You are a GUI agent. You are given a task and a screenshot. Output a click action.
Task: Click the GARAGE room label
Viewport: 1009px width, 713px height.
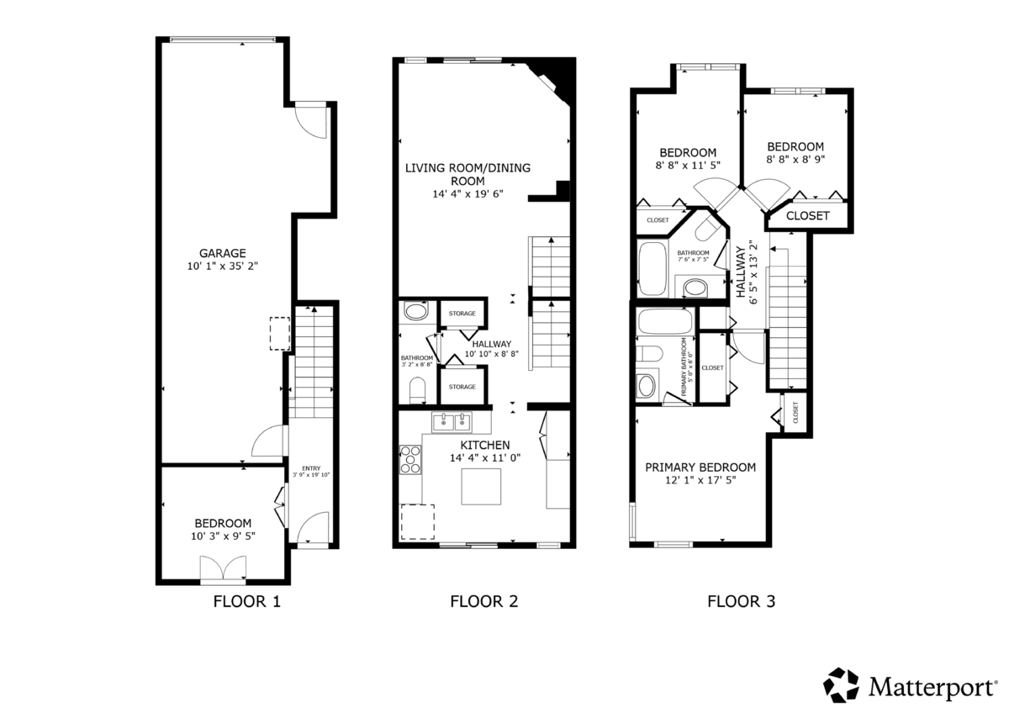tap(223, 253)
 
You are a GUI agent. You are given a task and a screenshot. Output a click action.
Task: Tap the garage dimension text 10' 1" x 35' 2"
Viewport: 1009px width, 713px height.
tap(223, 267)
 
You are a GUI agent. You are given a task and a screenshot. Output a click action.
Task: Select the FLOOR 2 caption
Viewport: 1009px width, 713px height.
tap(484, 601)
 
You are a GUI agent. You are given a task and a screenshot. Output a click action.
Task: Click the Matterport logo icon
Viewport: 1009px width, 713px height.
tap(841, 685)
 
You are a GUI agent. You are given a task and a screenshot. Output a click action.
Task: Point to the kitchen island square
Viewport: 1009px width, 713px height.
tap(481, 487)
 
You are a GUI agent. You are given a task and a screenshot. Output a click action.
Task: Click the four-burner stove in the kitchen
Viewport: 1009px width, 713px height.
tap(410, 459)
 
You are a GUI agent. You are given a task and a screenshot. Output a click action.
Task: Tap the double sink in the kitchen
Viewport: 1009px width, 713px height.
tap(452, 422)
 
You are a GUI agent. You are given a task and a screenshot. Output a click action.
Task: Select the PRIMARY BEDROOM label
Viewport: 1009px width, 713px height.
tap(700, 467)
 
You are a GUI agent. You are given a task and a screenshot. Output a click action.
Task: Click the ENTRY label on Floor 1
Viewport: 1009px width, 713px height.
tap(311, 468)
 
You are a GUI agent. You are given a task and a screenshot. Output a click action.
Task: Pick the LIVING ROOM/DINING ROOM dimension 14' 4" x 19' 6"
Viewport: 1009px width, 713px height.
tap(468, 194)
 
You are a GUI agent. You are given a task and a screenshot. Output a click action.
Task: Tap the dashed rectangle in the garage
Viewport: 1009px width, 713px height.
tap(280, 333)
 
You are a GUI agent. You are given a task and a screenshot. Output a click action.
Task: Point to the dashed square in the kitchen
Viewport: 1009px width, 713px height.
tap(418, 521)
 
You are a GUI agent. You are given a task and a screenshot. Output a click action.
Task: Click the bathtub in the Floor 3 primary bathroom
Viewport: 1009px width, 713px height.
tap(665, 321)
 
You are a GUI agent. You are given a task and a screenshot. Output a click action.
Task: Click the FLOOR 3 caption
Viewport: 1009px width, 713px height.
tap(742, 601)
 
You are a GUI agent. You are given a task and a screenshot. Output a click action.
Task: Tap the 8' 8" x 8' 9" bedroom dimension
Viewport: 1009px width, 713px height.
tap(795, 160)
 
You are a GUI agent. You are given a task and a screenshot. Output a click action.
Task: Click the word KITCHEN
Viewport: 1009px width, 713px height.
tap(485, 445)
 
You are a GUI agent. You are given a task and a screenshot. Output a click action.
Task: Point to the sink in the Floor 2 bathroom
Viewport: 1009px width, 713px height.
tap(415, 311)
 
